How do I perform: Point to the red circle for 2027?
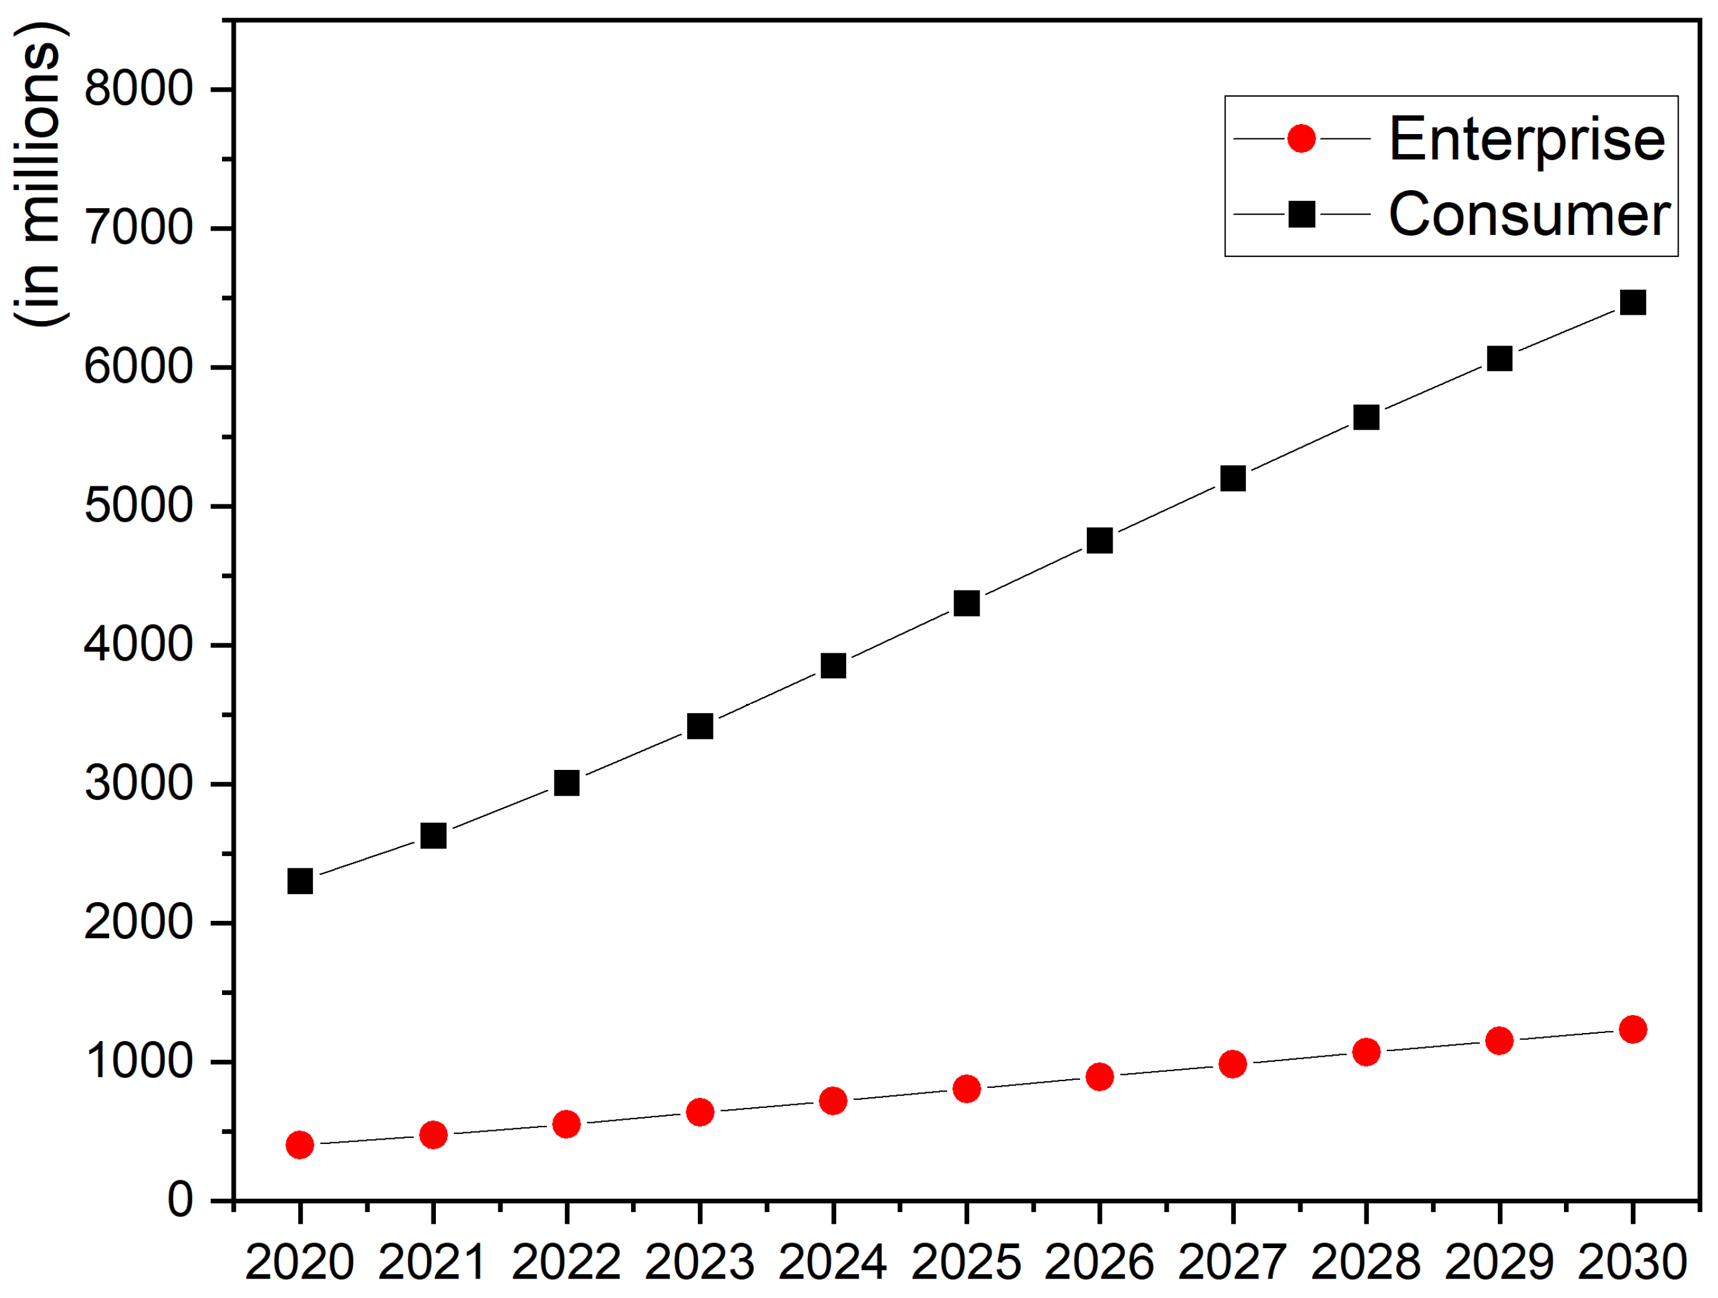1233,1064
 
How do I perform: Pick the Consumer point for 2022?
566,782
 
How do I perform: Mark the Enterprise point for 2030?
1633,1029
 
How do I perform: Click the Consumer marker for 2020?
300,881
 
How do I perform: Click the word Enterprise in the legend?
1526,139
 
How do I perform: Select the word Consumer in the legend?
1528,214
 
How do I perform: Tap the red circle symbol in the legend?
1301,138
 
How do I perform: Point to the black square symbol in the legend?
1301,213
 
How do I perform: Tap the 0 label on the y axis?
180,1200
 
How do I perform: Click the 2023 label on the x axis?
699,1262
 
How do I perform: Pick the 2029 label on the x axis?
1499,1262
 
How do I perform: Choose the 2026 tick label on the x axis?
1099,1262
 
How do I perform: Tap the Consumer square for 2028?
1366,417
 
